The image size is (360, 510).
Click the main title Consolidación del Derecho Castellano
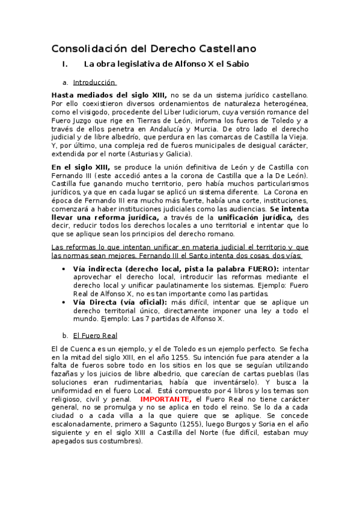[x=154, y=48]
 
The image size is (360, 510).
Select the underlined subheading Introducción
[x=94, y=82]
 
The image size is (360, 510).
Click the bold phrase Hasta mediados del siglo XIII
[x=109, y=95]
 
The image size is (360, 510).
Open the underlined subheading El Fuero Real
[x=95, y=335]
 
